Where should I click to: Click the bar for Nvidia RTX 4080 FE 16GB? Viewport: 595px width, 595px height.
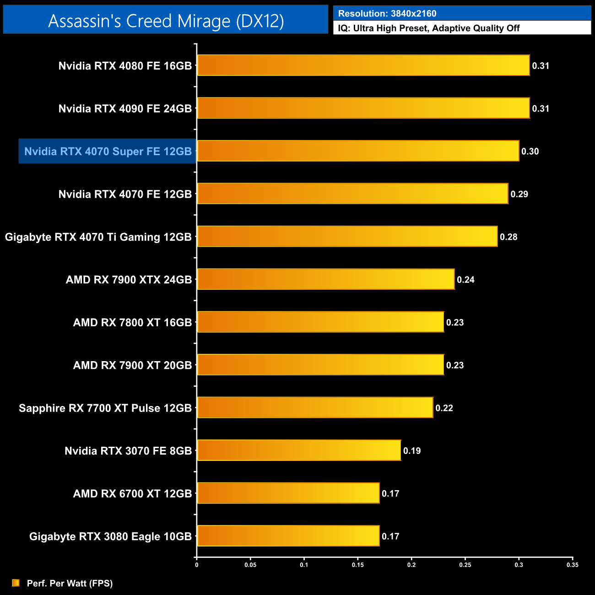[x=363, y=65]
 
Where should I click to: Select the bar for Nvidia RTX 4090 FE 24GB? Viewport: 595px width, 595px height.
[x=363, y=108]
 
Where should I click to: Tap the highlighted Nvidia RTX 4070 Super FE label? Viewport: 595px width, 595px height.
[x=108, y=151]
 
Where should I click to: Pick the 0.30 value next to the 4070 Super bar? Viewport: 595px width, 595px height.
[x=530, y=151]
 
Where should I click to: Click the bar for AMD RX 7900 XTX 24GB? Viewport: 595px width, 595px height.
[x=325, y=279]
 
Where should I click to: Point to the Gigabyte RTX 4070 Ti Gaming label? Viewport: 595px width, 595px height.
[x=98, y=237]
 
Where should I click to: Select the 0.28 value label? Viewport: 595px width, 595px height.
[x=508, y=237]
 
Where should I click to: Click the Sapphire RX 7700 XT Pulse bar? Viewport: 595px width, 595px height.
[x=315, y=407]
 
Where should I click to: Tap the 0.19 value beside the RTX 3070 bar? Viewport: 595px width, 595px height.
[x=412, y=451]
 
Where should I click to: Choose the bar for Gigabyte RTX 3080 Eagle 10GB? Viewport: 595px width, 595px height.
[x=288, y=536]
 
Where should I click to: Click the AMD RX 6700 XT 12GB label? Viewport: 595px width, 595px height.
[x=132, y=494]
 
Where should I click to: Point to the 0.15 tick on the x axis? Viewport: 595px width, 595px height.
[x=358, y=565]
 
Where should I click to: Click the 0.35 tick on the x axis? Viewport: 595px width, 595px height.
[x=573, y=565]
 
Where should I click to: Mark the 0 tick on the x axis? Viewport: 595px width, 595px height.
[x=197, y=565]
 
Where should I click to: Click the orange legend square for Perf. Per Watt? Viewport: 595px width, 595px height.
[x=16, y=583]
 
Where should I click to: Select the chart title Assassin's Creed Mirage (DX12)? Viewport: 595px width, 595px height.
[x=166, y=21]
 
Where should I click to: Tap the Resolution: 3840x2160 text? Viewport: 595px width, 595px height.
[x=387, y=14]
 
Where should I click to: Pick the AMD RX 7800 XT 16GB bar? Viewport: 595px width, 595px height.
[x=320, y=322]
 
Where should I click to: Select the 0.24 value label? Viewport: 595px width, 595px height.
[x=465, y=280]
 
